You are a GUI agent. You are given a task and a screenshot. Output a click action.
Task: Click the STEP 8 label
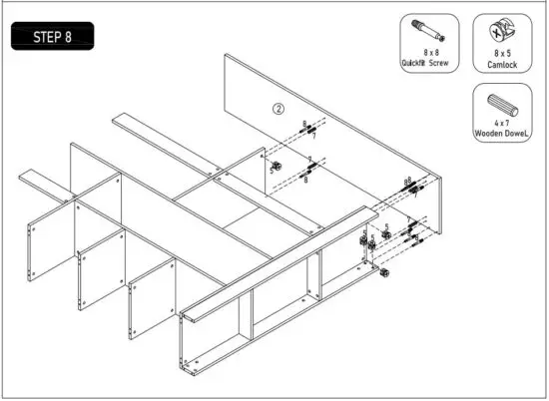55,37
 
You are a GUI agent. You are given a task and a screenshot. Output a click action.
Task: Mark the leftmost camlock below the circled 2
276,165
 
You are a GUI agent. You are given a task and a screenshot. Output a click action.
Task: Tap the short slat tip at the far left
25,178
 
